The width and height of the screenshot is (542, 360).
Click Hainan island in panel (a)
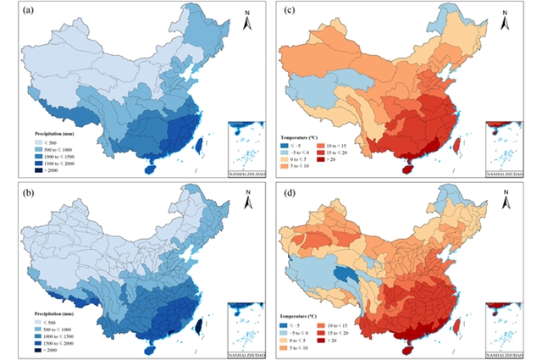coord(151,169)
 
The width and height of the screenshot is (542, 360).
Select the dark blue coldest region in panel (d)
coord(345,275)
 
